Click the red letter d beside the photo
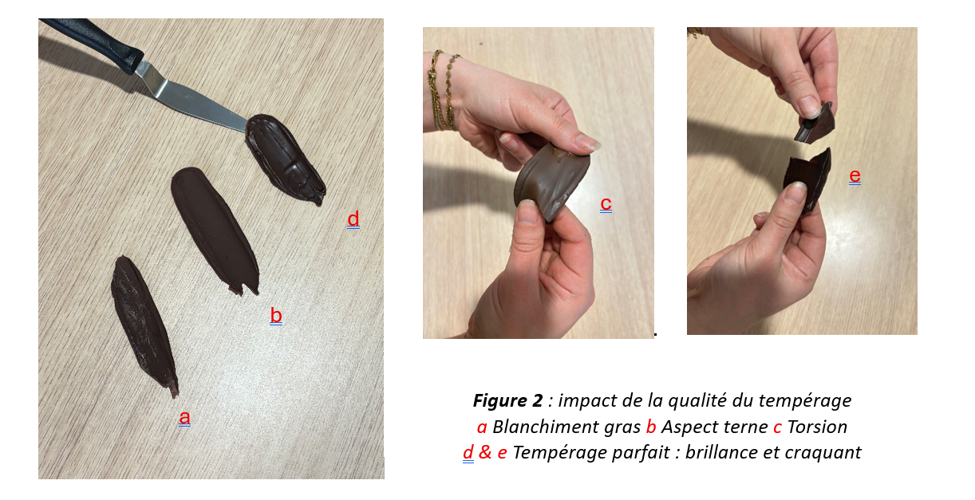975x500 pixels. (x=353, y=219)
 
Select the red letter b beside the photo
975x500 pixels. (x=276, y=315)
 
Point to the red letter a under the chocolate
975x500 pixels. (x=184, y=417)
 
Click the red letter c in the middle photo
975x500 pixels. (x=606, y=203)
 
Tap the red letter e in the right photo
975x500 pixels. (x=855, y=175)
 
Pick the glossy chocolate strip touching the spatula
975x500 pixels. (x=285, y=159)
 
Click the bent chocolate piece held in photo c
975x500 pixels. (x=551, y=180)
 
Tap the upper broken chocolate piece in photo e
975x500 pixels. (x=814, y=124)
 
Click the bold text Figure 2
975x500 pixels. (x=507, y=400)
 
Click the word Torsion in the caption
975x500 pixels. (x=817, y=427)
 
